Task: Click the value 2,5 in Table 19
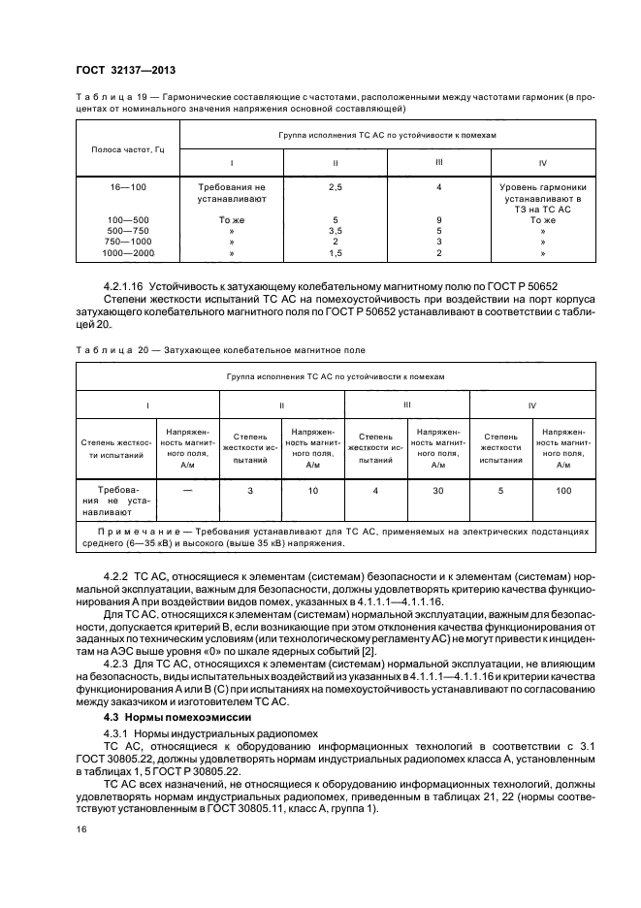click(x=335, y=184)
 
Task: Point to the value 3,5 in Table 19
click(x=335, y=230)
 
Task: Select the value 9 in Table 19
click(x=439, y=219)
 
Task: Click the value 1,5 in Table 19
click(x=335, y=252)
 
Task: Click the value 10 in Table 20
click(x=313, y=491)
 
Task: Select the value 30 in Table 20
click(x=438, y=491)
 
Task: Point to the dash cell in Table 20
click(x=187, y=491)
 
